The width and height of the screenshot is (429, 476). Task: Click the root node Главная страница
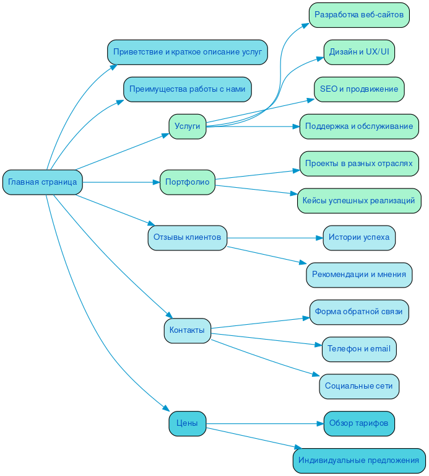tap(43, 182)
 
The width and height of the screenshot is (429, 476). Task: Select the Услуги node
tap(188, 126)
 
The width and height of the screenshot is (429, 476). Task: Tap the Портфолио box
tap(188, 182)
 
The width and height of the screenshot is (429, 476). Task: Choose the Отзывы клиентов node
tap(188, 238)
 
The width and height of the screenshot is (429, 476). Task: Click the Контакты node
tap(188, 330)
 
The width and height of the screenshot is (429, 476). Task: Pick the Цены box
tap(188, 423)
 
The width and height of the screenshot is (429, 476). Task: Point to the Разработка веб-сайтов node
tap(359, 15)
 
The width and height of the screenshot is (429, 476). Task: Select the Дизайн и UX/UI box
tap(359, 52)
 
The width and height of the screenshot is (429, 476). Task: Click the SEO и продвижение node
tap(359, 89)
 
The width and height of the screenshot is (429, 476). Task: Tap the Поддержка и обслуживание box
tap(359, 126)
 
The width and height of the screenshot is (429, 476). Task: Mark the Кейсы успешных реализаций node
tap(359, 201)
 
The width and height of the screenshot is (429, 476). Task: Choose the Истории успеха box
tap(359, 238)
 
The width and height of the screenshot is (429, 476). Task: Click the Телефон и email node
tap(359, 349)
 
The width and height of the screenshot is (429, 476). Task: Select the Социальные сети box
tap(359, 386)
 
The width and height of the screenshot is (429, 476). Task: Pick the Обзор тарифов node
tap(359, 423)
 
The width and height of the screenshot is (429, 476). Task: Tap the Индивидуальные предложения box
tap(359, 461)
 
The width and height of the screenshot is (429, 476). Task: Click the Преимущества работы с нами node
tap(188, 89)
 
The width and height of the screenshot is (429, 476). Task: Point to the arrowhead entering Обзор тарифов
tap(320, 423)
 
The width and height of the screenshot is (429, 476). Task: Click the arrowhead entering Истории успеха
tap(319, 238)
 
